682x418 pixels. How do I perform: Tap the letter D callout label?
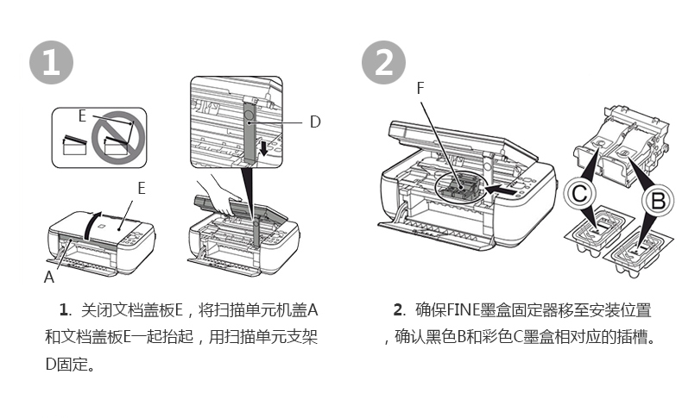[315, 122]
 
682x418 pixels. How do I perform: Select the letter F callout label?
[420, 88]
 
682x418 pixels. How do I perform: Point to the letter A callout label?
[48, 278]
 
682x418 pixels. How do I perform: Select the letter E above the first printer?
[141, 187]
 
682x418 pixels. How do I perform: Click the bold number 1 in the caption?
[64, 310]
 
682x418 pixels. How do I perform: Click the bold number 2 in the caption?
[398, 310]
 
